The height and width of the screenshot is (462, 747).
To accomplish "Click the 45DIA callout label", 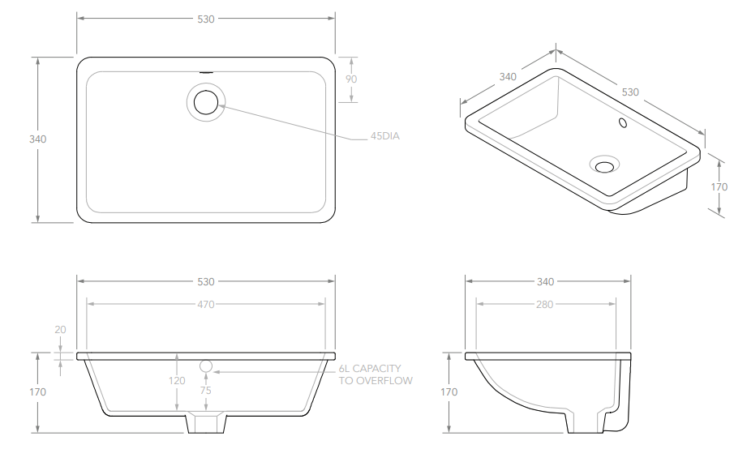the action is point(385,136).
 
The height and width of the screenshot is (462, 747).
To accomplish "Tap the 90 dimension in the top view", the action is point(351,79).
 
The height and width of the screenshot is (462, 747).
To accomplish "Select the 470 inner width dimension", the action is point(206,304).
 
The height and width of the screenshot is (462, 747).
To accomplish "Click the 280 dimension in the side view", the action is point(544,304).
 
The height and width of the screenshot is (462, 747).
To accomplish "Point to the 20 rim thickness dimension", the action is point(61,330).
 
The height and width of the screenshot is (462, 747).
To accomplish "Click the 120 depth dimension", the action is point(177,381).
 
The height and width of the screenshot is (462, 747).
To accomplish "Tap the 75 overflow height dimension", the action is point(206,391).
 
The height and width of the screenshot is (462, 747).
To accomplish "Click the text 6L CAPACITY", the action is point(370,368).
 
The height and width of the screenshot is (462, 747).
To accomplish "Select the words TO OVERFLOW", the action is point(376,381).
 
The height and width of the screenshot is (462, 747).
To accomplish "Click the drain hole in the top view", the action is point(206,102).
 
